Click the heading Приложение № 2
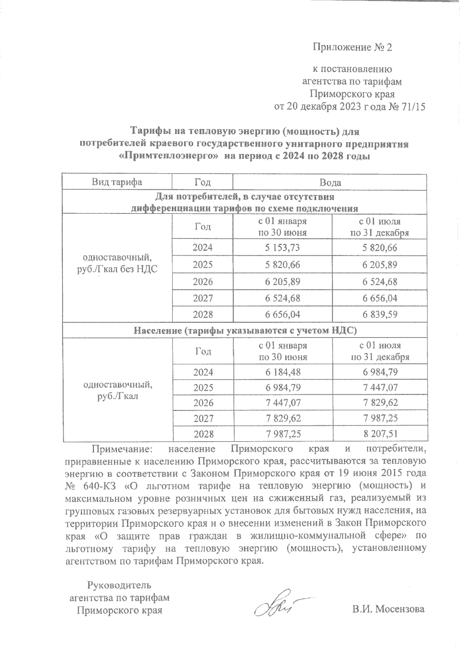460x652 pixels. (352, 47)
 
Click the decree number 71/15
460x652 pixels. (412, 107)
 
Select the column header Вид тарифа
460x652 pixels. (117, 182)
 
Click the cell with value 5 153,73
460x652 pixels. (283, 248)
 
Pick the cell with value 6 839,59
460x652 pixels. (379, 314)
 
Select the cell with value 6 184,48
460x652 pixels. (283, 372)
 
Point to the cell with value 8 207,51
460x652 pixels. (379, 434)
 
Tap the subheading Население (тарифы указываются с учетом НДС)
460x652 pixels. (245, 330)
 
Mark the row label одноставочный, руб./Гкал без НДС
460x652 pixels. (117, 263)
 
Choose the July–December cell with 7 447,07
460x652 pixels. (379, 388)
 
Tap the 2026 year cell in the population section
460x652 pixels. (203, 403)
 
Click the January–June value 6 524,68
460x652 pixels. (283, 298)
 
